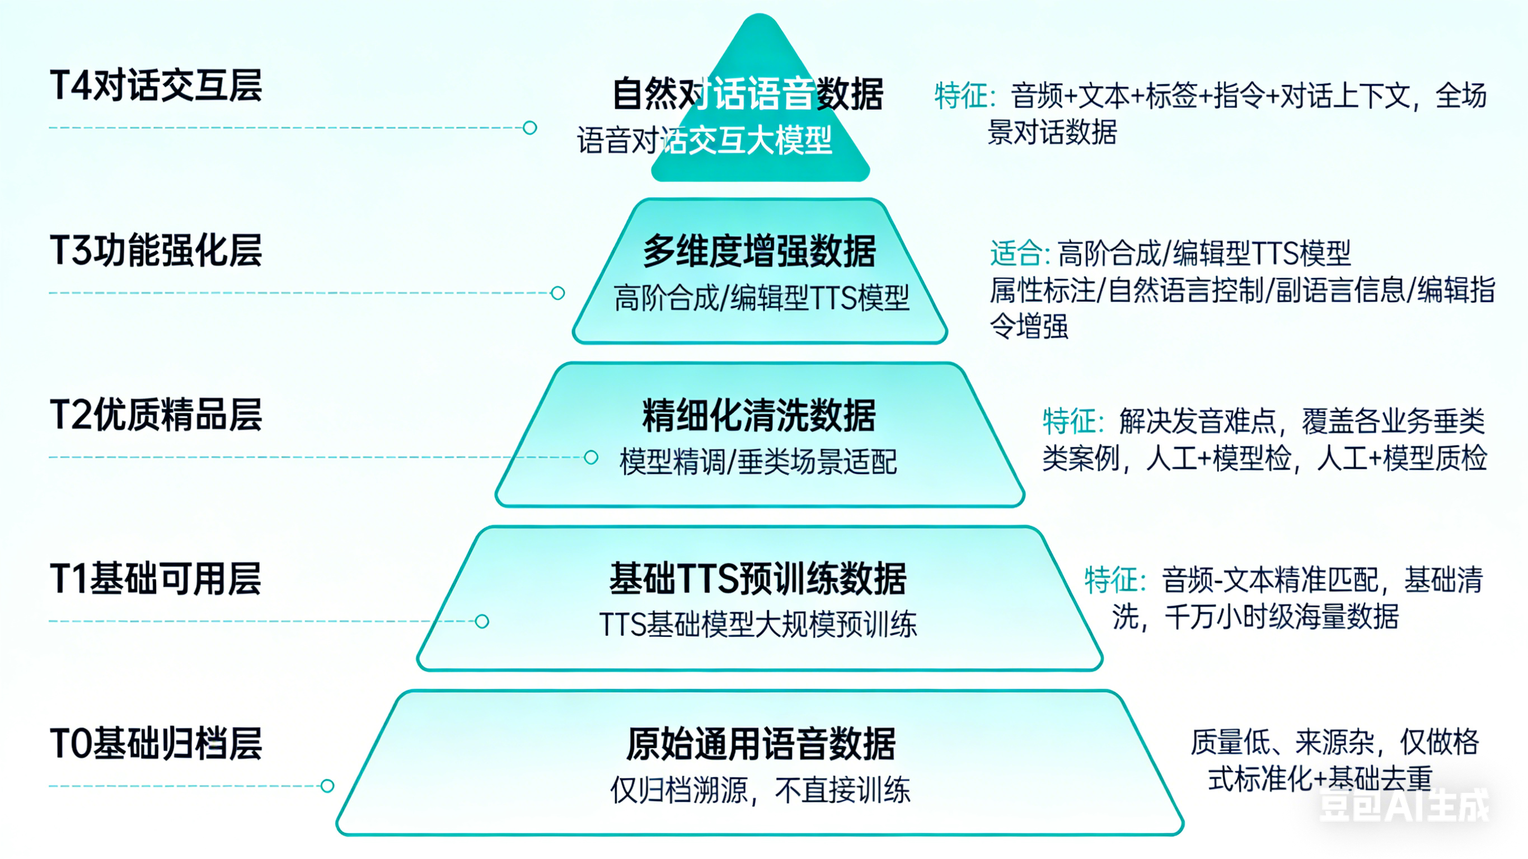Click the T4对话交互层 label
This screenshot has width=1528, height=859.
(x=156, y=86)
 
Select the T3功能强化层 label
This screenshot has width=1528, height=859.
(x=156, y=250)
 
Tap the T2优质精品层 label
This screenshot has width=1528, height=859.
(x=156, y=415)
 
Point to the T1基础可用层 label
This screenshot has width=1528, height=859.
(x=156, y=579)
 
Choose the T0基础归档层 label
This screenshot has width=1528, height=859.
(x=156, y=743)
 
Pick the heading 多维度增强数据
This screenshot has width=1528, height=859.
(x=760, y=251)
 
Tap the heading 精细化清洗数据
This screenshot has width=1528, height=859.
(x=760, y=415)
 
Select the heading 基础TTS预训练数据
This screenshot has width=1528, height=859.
(x=758, y=579)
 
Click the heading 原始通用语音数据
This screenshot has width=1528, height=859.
(x=761, y=744)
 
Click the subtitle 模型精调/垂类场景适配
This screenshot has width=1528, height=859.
(x=758, y=462)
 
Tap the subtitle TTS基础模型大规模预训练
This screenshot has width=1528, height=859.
(x=758, y=625)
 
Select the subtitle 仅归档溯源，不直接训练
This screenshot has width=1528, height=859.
(x=761, y=790)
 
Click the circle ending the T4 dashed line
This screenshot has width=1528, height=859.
(x=529, y=128)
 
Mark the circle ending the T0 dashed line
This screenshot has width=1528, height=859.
(x=327, y=786)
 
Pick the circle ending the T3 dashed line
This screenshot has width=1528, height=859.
(x=557, y=293)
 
